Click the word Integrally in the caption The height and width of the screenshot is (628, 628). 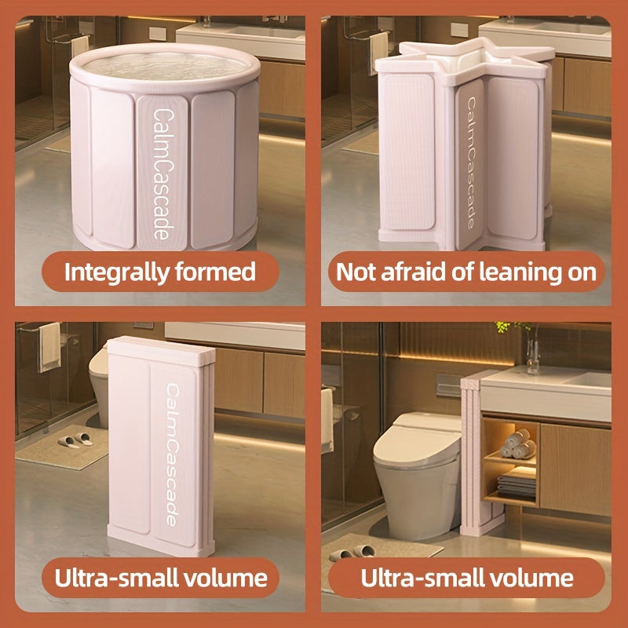[x=115, y=272]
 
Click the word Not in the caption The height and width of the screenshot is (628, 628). [x=356, y=272]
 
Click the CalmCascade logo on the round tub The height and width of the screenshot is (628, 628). [x=163, y=174]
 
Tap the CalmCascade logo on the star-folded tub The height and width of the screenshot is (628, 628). [x=470, y=163]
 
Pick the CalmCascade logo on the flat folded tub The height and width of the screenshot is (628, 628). [x=172, y=455]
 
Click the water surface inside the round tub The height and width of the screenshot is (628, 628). [x=165, y=66]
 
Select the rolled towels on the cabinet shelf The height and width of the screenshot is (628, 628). [x=518, y=444]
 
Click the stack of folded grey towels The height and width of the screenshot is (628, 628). [x=517, y=485]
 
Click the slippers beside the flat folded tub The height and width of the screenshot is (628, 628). [x=75, y=440]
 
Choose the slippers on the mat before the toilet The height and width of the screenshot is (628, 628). [x=352, y=553]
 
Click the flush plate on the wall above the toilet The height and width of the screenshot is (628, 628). [x=448, y=385]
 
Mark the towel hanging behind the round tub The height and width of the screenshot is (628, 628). [x=80, y=46]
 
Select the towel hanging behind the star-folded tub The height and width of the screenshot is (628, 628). [x=378, y=52]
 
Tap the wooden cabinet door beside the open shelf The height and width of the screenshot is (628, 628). [x=575, y=469]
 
